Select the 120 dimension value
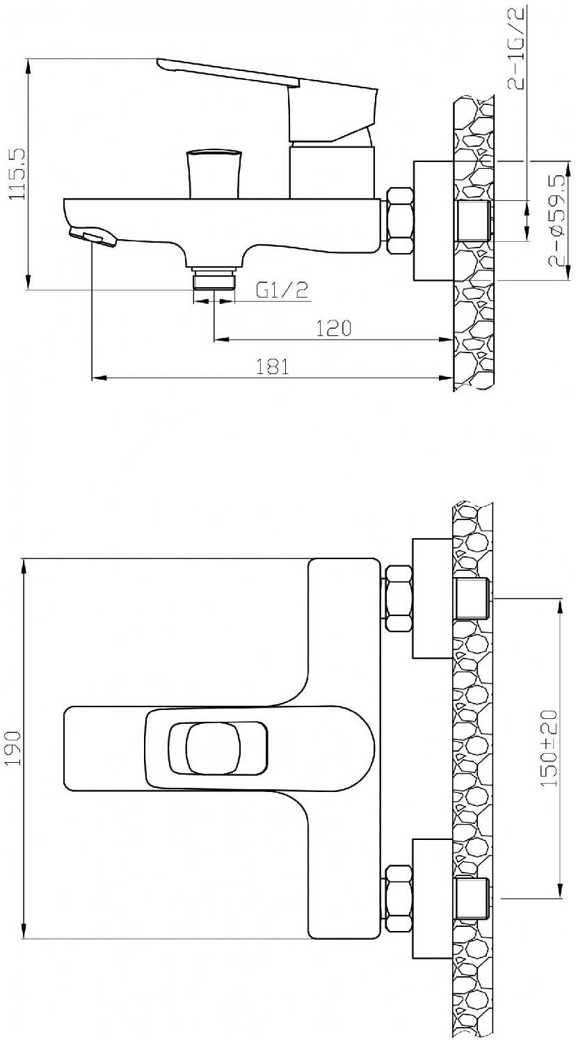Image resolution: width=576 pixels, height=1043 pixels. click(x=334, y=328)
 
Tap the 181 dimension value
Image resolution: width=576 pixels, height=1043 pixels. click(x=273, y=366)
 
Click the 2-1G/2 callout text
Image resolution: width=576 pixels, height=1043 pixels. click(x=516, y=47)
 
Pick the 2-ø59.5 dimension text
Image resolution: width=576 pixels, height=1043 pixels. click(x=557, y=220)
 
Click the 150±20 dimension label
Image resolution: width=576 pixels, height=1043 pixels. click(x=549, y=748)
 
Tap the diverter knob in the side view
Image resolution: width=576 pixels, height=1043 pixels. click(x=214, y=174)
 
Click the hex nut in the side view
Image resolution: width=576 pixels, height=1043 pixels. click(x=400, y=220)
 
